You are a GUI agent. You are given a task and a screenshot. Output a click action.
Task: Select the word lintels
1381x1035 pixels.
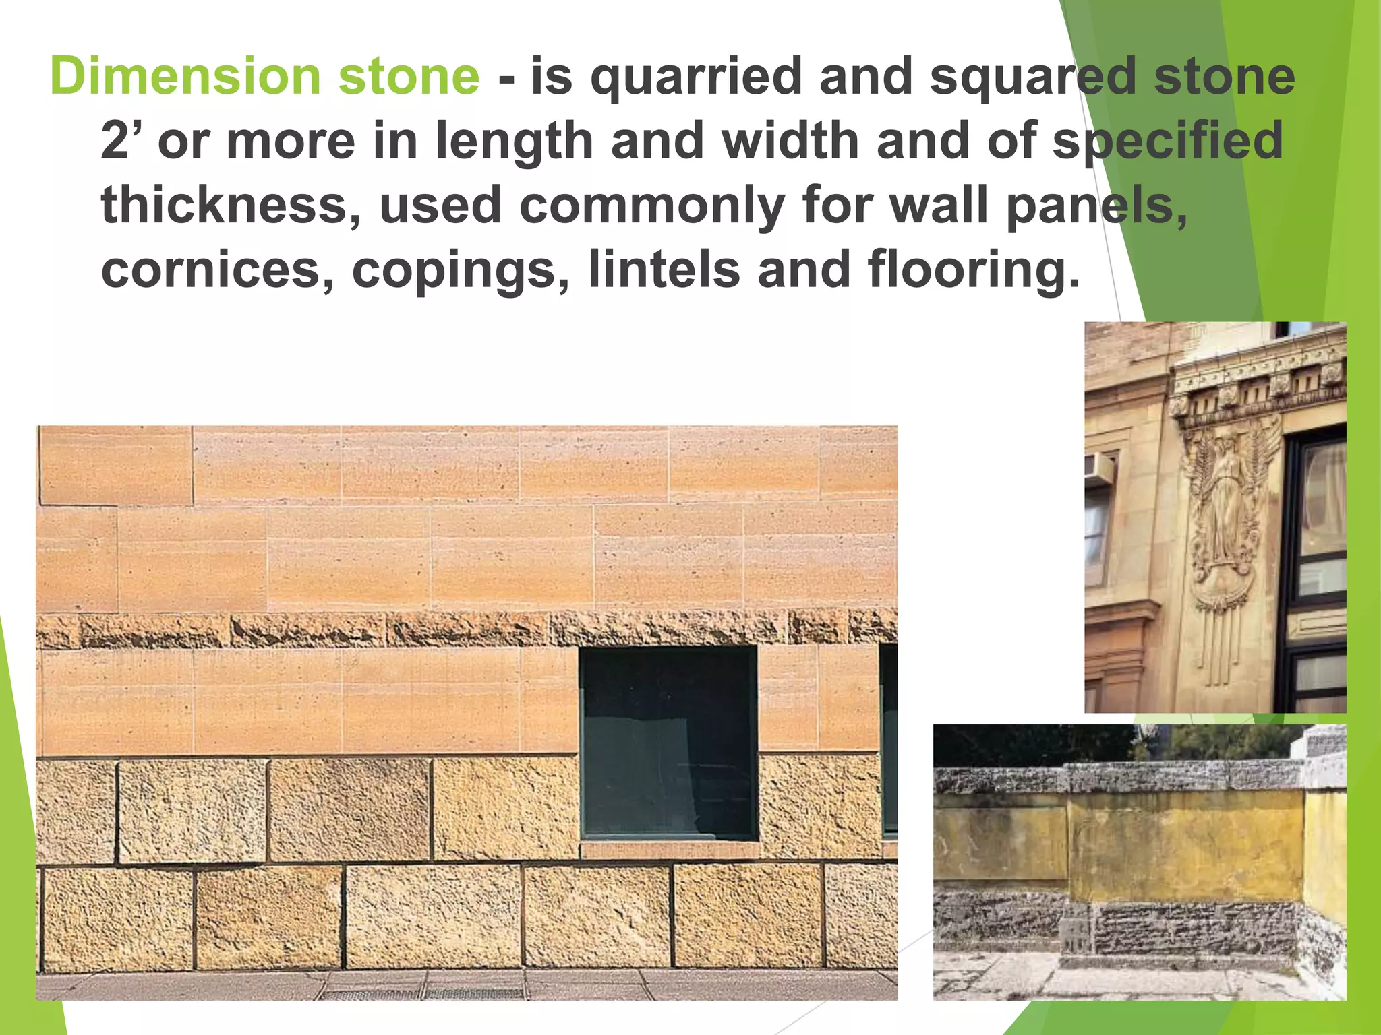click(x=664, y=270)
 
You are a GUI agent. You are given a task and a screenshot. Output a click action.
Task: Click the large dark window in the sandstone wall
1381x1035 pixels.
click(x=668, y=741)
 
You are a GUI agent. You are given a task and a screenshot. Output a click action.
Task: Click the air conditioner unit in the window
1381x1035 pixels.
click(x=1098, y=468)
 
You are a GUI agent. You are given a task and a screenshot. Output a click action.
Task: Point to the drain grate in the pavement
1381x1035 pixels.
click(x=425, y=993)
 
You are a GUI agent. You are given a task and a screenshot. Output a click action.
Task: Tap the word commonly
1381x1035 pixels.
click(x=651, y=206)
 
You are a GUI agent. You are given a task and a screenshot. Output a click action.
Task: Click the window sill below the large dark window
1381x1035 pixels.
click(x=669, y=848)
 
